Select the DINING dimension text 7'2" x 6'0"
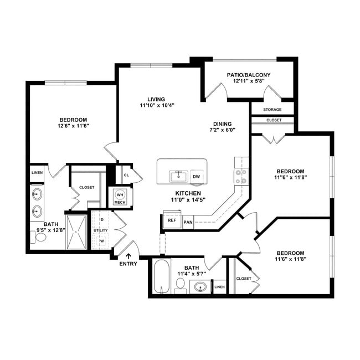coord(222,130)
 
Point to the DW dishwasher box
coord(197,177)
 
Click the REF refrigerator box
coord(172,220)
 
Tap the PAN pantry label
coord(188,223)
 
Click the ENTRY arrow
coord(129,256)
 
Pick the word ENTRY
coord(128,264)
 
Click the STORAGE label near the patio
coord(272,110)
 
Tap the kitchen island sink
coord(178,176)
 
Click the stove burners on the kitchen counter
coord(241,176)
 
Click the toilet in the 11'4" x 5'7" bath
coord(180,285)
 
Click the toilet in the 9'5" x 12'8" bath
coord(40,238)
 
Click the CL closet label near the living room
coord(126,175)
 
